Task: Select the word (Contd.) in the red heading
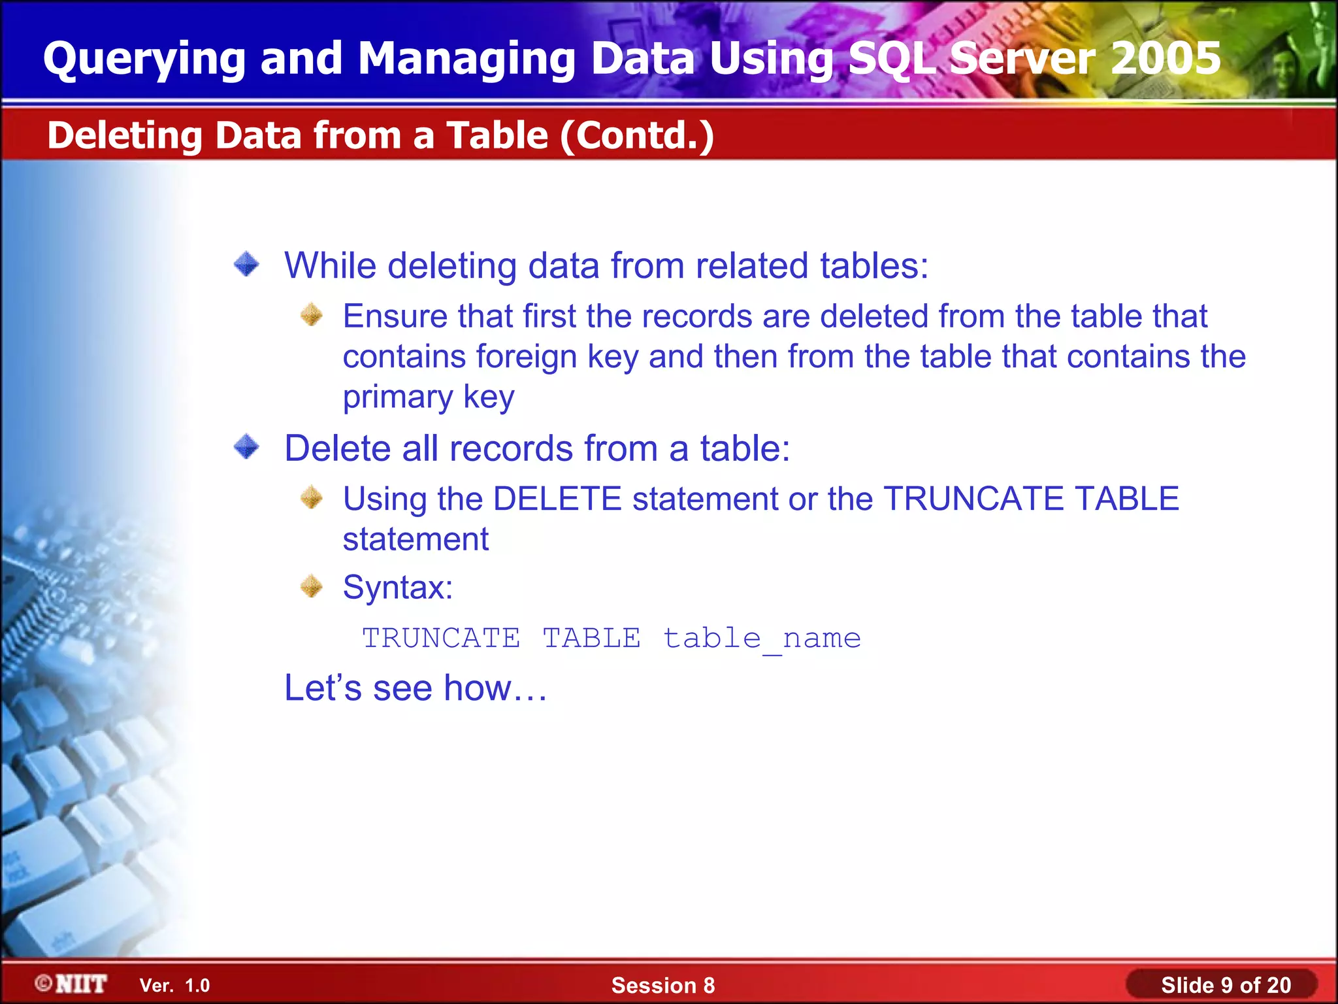coord(637,136)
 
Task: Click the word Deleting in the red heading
coord(125,136)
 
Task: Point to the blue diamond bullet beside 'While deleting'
coord(247,264)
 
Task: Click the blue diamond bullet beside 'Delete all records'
coord(247,447)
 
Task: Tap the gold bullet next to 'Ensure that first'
coord(312,315)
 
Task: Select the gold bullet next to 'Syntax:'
coord(312,586)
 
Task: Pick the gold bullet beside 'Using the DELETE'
coord(312,498)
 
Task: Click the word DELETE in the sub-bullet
coord(557,499)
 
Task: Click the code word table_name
coord(762,639)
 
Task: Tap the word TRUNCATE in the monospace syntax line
coord(442,639)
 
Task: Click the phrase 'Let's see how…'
coord(416,688)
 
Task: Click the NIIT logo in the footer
coord(72,984)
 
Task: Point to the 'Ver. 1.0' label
coord(174,986)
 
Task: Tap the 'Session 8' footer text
coord(662,986)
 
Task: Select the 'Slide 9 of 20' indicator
coord(1226,986)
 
